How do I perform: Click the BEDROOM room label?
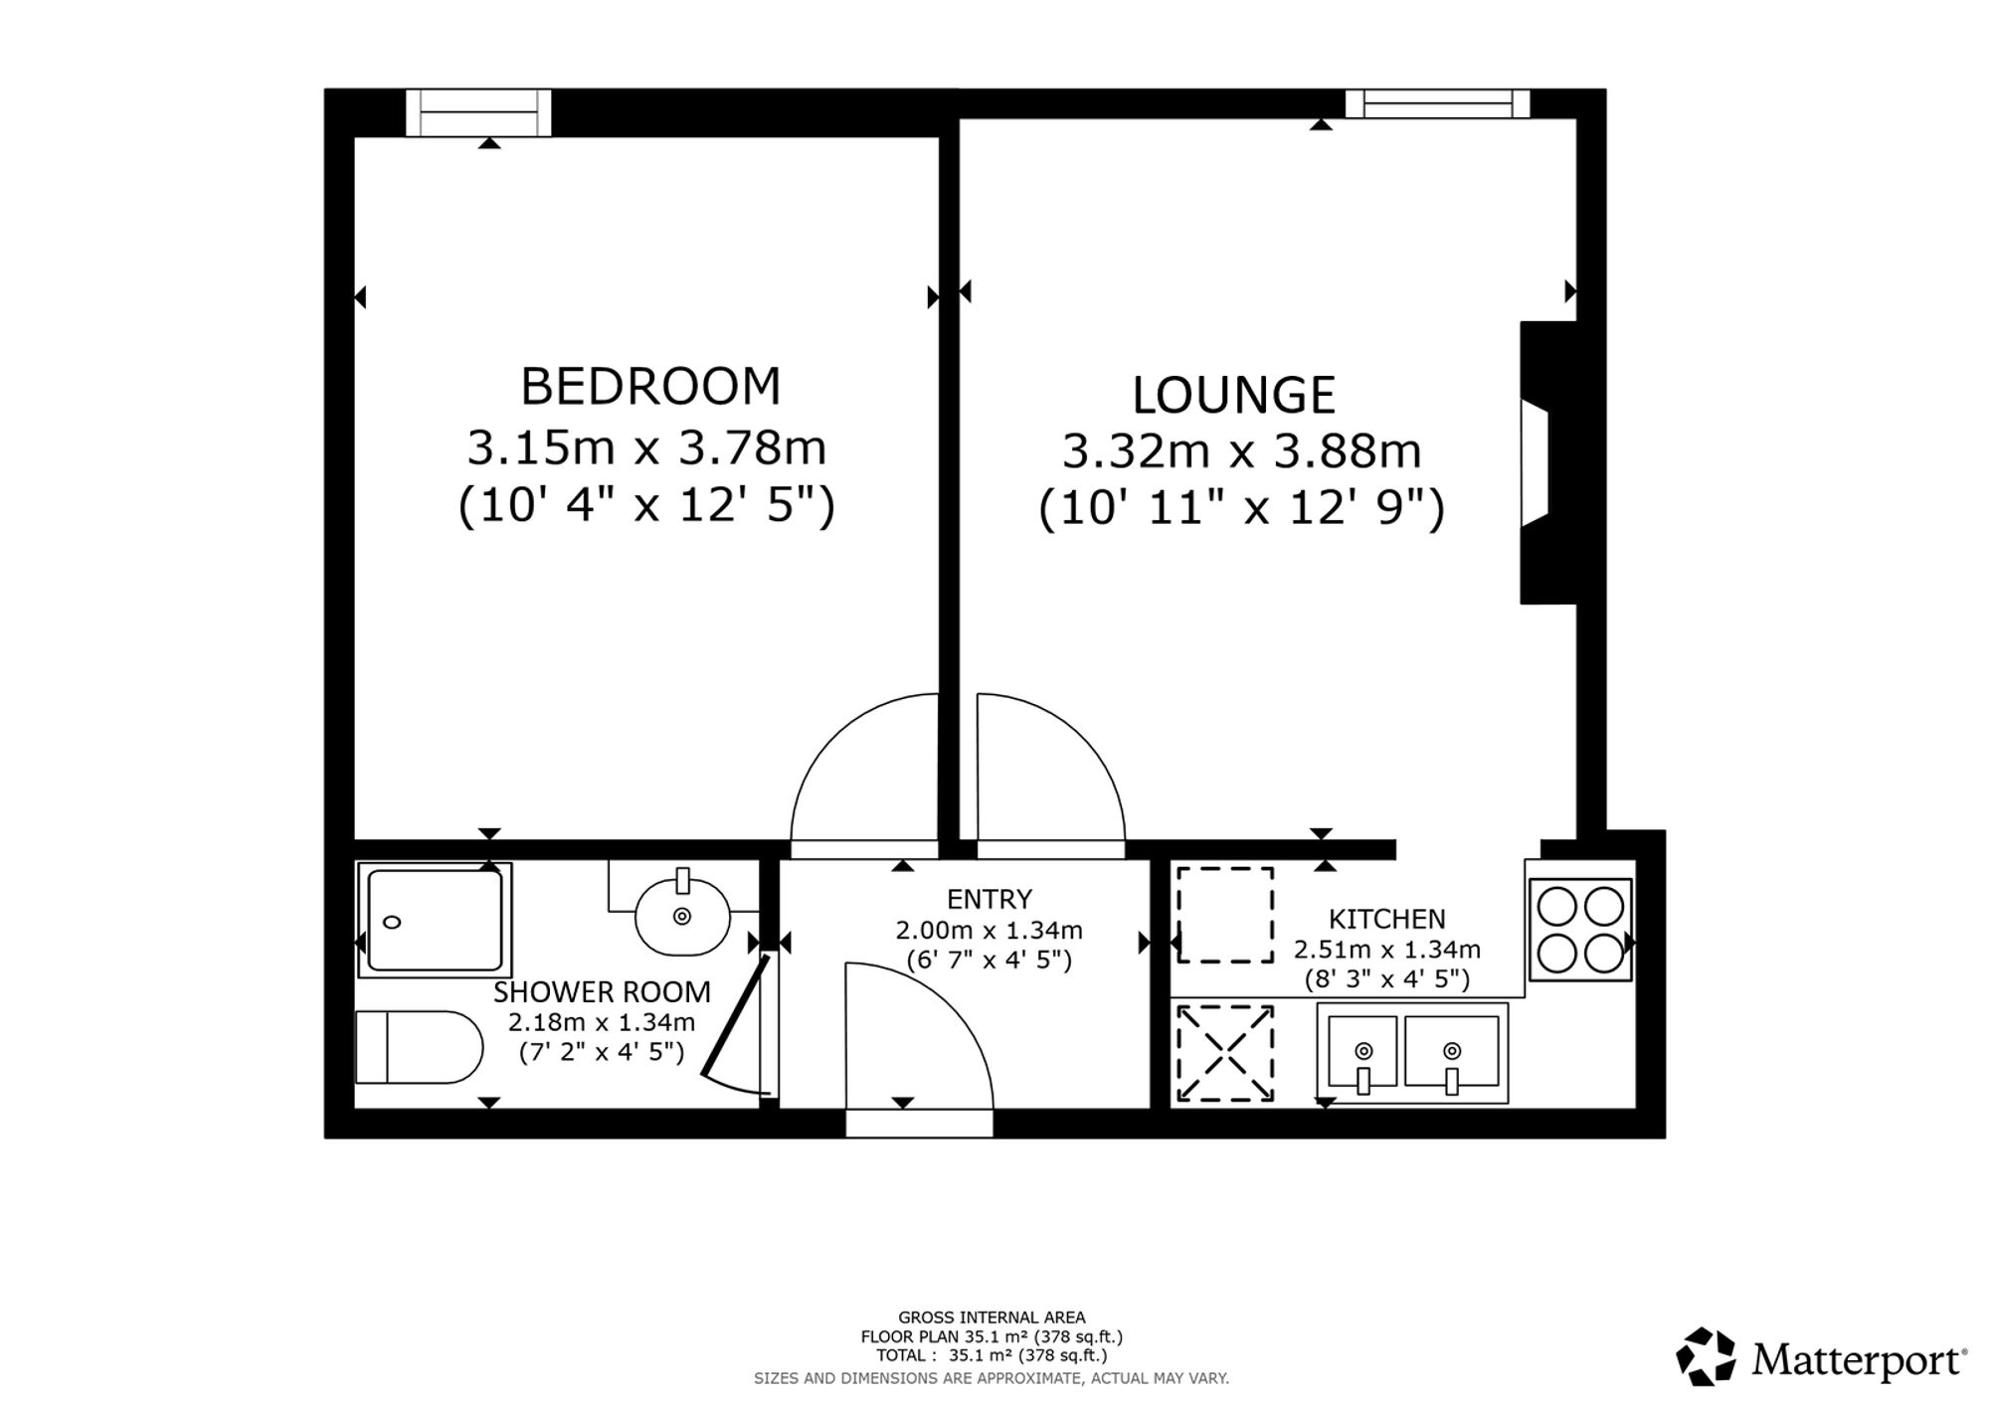tap(650, 386)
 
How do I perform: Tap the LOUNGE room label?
tap(1233, 395)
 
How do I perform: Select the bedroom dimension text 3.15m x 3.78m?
tap(647, 448)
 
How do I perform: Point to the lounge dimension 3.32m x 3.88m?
tap(1242, 451)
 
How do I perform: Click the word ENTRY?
tap(990, 899)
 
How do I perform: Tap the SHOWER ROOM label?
tap(603, 991)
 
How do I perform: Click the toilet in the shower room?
tap(419, 1047)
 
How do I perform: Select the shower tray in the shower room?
tap(435, 920)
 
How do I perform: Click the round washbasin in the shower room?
tap(682, 915)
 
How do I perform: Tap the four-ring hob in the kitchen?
tap(1580, 931)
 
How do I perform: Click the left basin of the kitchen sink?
tap(1361, 1051)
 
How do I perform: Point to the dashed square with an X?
tap(1225, 1053)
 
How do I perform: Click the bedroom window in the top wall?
tap(478, 112)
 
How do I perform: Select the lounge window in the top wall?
tap(1437, 103)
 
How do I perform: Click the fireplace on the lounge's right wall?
tap(1548, 462)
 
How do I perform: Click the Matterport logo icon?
tap(1706, 1356)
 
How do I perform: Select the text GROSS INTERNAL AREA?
tap(992, 1318)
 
